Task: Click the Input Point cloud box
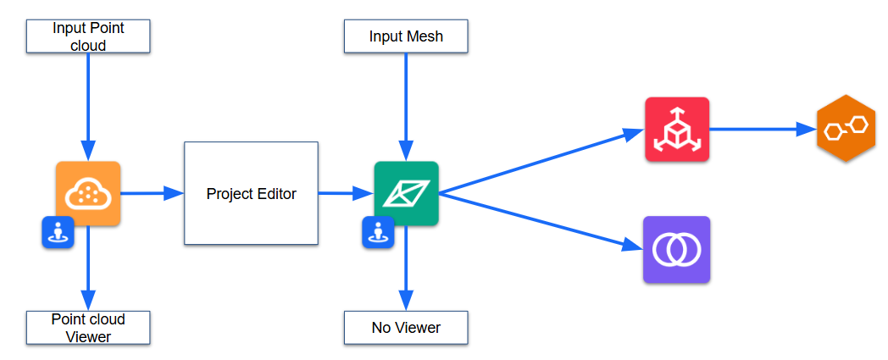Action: coord(88,36)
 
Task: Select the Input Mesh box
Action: coord(406,36)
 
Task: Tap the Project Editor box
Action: coord(251,194)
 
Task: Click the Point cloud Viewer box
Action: coord(88,328)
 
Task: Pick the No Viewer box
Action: coord(406,328)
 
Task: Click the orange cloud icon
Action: coord(88,193)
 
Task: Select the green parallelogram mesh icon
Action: coord(406,193)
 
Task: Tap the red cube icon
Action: coord(676,130)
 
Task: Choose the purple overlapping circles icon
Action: coord(676,249)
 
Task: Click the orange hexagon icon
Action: coord(846,129)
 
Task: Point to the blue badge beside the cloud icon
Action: coord(58,232)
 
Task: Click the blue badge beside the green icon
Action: coord(378,232)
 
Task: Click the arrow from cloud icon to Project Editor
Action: coord(153,194)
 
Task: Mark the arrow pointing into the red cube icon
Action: coord(542,161)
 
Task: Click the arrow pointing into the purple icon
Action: coord(542,222)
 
